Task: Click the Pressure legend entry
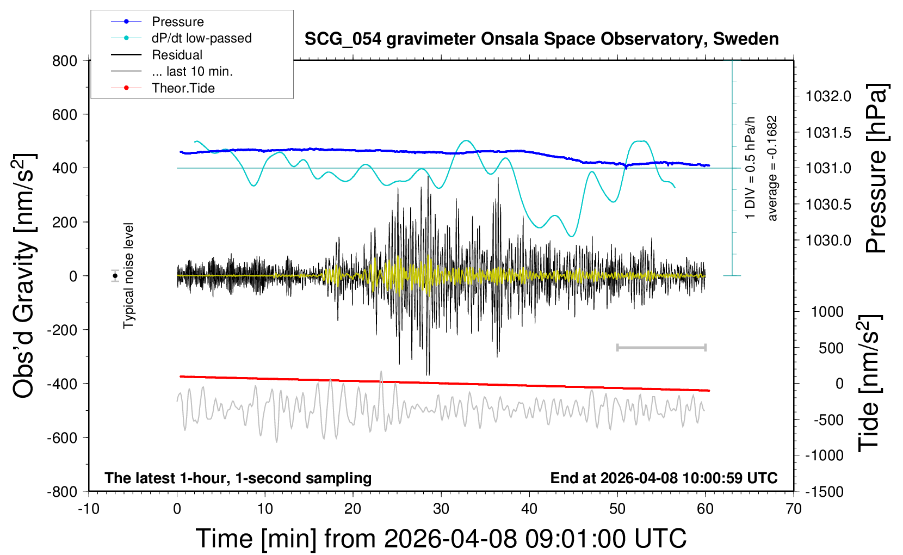[157, 21]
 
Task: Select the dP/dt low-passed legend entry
[181, 38]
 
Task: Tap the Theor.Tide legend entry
[163, 88]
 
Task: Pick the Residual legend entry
[157, 55]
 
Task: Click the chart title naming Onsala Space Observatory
[541, 39]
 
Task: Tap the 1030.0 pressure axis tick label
[828, 240]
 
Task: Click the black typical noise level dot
[115, 276]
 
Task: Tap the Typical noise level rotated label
[128, 276]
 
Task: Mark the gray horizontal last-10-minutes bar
[661, 347]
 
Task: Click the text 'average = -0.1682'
[772, 168]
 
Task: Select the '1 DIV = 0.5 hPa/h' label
[750, 168]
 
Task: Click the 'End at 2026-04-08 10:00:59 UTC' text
[664, 478]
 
